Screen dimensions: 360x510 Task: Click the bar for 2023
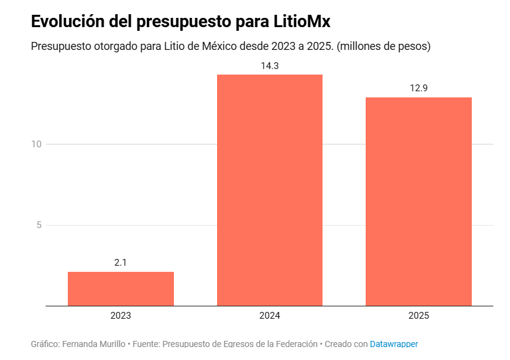tap(121, 288)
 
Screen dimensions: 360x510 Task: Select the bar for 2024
tap(269, 190)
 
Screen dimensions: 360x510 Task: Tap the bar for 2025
tap(419, 202)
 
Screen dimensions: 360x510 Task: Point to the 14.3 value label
tap(269, 65)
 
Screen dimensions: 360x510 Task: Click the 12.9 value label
tap(419, 88)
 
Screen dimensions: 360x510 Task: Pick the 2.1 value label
tap(121, 263)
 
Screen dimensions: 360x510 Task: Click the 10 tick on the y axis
tap(36, 144)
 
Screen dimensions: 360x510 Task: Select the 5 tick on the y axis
tap(39, 225)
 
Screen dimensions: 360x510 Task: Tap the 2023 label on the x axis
tap(121, 316)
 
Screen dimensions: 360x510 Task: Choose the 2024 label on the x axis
tap(269, 316)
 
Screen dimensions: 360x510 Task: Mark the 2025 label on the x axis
tap(419, 316)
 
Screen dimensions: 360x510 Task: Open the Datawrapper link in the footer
tap(393, 344)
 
